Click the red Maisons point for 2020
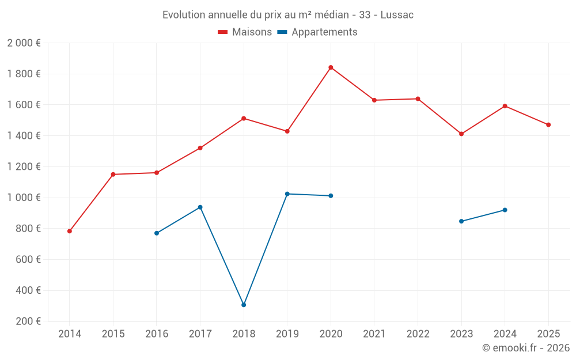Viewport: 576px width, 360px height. pyautogui.click(x=331, y=67)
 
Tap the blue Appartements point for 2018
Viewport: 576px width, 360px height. pyautogui.click(x=244, y=305)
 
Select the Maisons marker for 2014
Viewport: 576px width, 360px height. pyautogui.click(x=70, y=231)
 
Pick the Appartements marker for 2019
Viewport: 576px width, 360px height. pyautogui.click(x=287, y=194)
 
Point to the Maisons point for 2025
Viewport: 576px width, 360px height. pyautogui.click(x=548, y=124)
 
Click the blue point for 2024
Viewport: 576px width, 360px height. pyautogui.click(x=505, y=210)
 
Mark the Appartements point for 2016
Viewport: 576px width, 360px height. pyautogui.click(x=157, y=233)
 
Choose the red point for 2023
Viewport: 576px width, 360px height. pyautogui.click(x=461, y=134)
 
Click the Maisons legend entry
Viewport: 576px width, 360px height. pyautogui.click(x=245, y=32)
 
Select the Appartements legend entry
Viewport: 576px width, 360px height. pyautogui.click(x=317, y=32)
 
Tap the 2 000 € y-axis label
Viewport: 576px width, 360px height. pyautogui.click(x=24, y=43)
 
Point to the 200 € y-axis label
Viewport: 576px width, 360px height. pyautogui.click(x=28, y=321)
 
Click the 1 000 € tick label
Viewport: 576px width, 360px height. pyautogui.click(x=24, y=198)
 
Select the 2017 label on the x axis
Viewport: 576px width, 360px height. pyautogui.click(x=200, y=334)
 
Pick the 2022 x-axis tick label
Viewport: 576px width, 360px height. pyautogui.click(x=418, y=334)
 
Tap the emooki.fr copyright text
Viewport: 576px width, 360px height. pyautogui.click(x=525, y=348)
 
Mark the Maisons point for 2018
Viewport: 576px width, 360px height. pyautogui.click(x=244, y=118)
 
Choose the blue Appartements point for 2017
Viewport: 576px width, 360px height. pyautogui.click(x=200, y=207)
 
